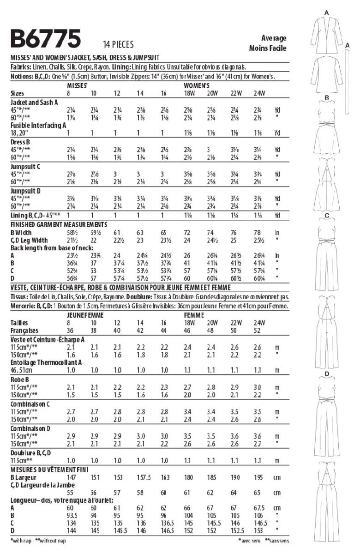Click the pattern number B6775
click(46, 39)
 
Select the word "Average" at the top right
click(273, 38)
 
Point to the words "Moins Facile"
click(268, 48)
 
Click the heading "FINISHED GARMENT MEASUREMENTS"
click(59, 224)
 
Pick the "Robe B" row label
click(20, 379)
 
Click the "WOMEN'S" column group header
click(198, 86)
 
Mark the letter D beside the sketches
click(326, 374)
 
